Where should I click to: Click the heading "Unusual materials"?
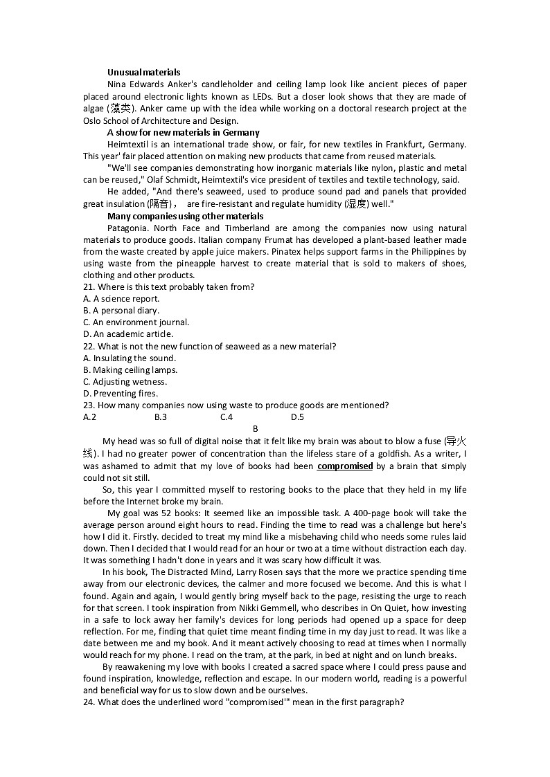[x=143, y=72]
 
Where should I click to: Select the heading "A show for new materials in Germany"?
[x=183, y=132]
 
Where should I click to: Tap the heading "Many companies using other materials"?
[x=185, y=216]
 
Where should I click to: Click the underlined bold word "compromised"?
[x=345, y=466]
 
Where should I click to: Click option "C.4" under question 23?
[x=227, y=417]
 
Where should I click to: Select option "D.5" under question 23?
[x=297, y=417]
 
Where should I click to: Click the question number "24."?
[x=89, y=702]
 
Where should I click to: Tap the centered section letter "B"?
[x=255, y=429]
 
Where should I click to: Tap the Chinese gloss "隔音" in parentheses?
[x=159, y=204]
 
